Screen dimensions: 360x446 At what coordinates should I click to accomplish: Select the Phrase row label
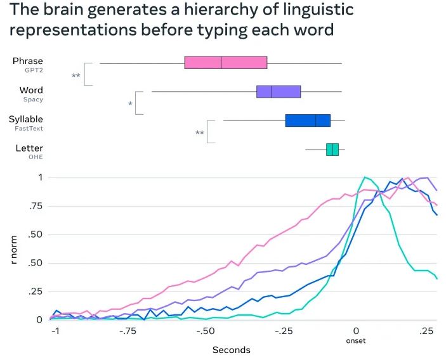click(x=28, y=61)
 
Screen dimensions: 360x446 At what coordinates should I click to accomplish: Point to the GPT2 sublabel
click(x=34, y=70)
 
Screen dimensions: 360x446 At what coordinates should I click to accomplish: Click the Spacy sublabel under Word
click(x=33, y=100)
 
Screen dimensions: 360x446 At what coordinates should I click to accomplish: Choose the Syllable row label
click(x=26, y=119)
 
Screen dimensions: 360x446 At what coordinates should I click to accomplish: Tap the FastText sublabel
click(x=29, y=128)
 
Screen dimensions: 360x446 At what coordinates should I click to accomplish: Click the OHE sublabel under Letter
click(x=36, y=157)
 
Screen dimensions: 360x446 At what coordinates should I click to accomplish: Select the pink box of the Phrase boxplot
click(x=225, y=63)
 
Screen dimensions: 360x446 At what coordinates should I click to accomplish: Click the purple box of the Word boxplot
click(x=278, y=91)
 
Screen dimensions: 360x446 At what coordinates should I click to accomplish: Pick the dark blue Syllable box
click(x=308, y=120)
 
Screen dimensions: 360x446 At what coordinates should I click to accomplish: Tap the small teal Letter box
click(x=332, y=150)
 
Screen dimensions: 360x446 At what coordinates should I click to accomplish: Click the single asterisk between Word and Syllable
click(x=130, y=103)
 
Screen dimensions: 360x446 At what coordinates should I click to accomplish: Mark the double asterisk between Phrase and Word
click(x=76, y=75)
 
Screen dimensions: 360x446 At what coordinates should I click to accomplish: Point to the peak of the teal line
click(x=365, y=177)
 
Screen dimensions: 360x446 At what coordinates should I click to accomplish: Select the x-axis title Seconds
click(x=231, y=349)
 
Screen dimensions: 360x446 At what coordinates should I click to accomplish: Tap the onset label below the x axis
click(x=356, y=341)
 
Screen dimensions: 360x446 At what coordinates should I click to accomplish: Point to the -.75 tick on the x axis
click(x=129, y=331)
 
